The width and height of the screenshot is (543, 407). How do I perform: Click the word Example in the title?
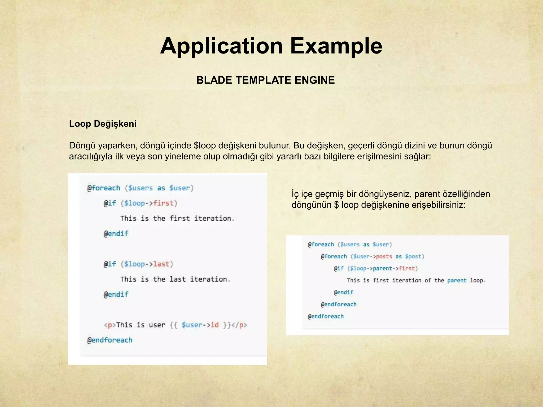(336, 46)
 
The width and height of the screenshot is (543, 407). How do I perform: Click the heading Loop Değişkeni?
(103, 124)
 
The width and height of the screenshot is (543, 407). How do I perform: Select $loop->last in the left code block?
(147, 264)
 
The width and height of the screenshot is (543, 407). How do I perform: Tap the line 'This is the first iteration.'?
(177, 218)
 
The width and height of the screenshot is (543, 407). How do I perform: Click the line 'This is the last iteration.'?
(175, 279)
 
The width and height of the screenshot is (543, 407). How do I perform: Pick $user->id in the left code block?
(200, 325)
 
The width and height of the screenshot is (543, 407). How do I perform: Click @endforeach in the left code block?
(110, 340)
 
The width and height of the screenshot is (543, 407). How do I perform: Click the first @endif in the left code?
(116, 234)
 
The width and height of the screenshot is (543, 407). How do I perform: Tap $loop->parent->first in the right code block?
(382, 268)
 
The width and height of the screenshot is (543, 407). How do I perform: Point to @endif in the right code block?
(344, 292)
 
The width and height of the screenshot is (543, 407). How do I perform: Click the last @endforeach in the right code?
(326, 316)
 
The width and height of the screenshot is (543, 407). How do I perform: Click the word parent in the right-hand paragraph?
(426, 194)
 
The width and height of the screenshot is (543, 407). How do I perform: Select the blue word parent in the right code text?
(457, 280)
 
